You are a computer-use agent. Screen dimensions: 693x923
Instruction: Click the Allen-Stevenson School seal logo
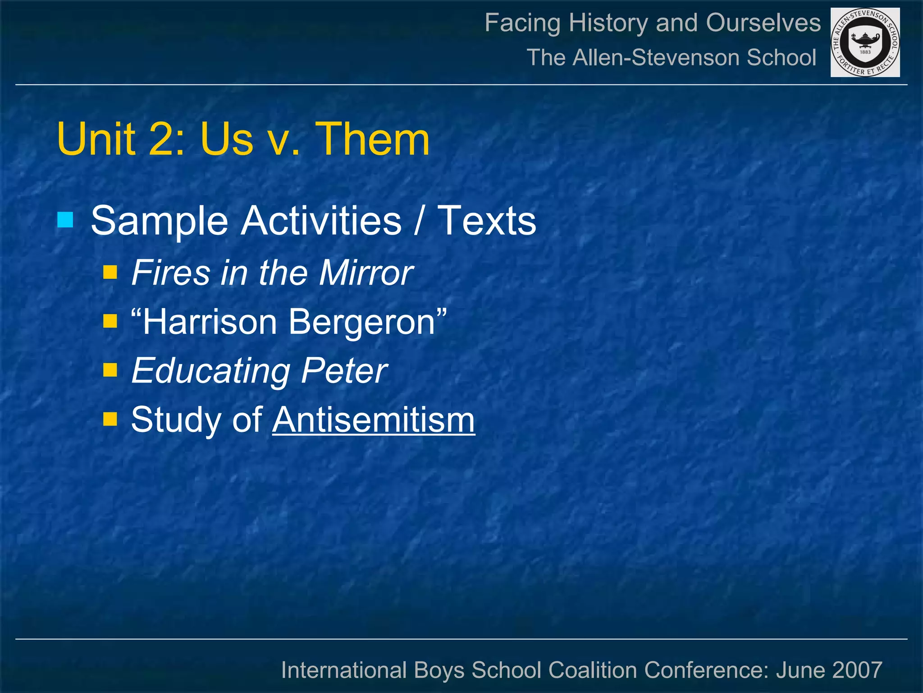(x=865, y=42)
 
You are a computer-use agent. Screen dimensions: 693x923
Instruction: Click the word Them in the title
(x=372, y=139)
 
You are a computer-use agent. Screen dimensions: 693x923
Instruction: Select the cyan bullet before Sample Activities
(x=65, y=220)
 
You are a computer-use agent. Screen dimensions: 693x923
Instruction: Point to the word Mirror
(x=366, y=273)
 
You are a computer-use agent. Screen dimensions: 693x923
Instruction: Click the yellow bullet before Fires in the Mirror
(x=110, y=273)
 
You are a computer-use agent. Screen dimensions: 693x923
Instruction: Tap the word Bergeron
(x=361, y=322)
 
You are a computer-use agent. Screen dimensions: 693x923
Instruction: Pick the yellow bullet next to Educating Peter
(x=110, y=370)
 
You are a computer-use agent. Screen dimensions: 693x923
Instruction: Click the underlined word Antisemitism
(x=374, y=420)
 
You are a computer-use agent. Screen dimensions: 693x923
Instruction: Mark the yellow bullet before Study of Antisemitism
(x=110, y=420)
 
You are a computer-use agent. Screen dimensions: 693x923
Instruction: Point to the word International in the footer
(x=344, y=670)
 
